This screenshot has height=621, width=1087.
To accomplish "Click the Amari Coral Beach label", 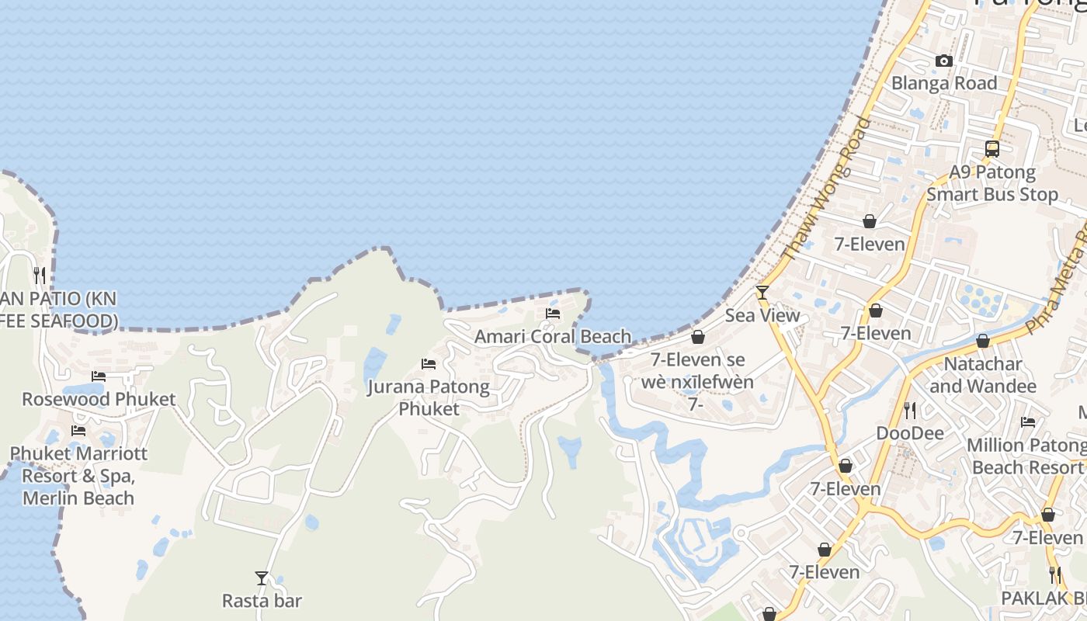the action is click(x=553, y=336).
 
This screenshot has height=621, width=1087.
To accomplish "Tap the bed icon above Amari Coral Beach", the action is click(x=553, y=314).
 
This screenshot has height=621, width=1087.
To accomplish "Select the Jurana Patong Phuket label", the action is click(x=429, y=397).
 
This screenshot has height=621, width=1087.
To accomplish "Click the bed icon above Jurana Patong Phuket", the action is click(x=428, y=363).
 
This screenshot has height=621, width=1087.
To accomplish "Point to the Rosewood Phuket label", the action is click(x=99, y=399).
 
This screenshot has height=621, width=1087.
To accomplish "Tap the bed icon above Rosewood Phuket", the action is click(x=99, y=376).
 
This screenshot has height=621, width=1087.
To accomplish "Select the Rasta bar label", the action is click(x=262, y=600).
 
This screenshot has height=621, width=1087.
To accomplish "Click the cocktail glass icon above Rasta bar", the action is click(x=262, y=578).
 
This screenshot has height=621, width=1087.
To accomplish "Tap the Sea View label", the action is click(x=762, y=315).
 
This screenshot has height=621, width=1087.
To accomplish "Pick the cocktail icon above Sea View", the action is click(x=762, y=293).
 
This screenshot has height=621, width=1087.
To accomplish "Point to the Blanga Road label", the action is click(x=944, y=83).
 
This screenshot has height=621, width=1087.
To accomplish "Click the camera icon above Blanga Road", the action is click(x=944, y=61).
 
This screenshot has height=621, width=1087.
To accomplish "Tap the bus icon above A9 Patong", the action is click(x=991, y=149).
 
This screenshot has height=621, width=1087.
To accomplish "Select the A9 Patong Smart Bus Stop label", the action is click(x=992, y=183).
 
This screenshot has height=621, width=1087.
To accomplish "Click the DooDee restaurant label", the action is click(x=909, y=432).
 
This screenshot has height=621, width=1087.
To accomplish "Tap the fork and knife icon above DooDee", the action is click(x=909, y=409).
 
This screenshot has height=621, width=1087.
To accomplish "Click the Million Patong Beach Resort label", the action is click(x=1026, y=456).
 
